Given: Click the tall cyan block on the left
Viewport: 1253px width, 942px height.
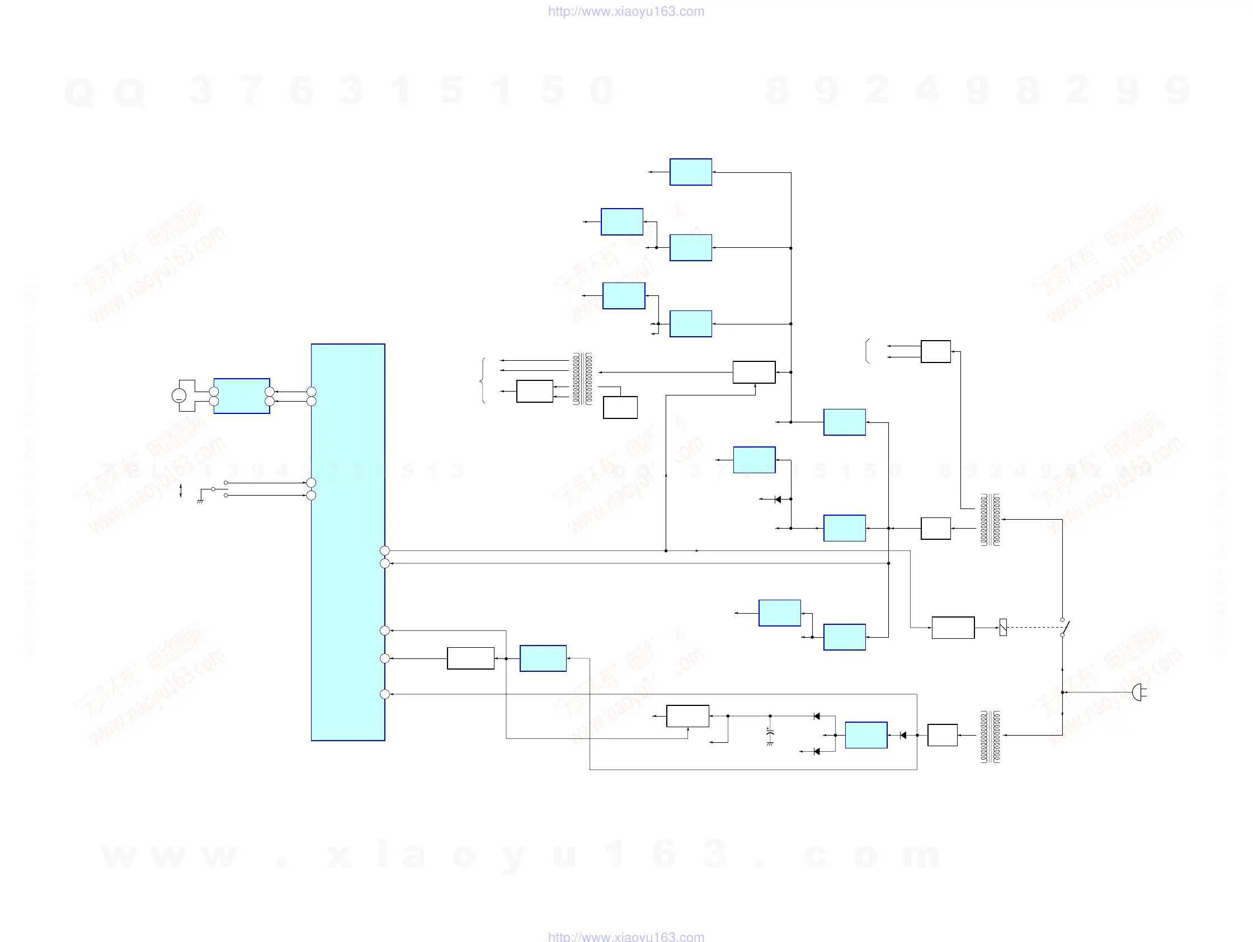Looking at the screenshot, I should click(x=348, y=541).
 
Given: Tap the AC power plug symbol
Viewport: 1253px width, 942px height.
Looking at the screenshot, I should click(x=1138, y=692).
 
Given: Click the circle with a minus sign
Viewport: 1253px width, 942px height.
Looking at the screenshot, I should click(x=178, y=396).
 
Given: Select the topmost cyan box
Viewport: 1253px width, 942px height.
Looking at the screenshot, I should click(x=690, y=172).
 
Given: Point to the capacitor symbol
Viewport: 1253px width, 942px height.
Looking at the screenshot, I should click(x=769, y=733).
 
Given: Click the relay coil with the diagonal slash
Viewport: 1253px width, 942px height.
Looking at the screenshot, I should click(x=1002, y=627).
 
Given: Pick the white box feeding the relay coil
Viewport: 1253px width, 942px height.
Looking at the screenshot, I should click(x=953, y=628).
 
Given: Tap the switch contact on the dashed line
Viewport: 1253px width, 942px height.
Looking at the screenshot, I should click(x=1064, y=628).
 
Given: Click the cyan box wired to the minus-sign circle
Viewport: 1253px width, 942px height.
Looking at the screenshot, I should click(x=241, y=396).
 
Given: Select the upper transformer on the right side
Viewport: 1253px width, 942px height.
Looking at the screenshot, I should click(x=990, y=520).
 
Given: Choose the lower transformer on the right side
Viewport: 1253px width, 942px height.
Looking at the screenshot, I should click(x=990, y=736).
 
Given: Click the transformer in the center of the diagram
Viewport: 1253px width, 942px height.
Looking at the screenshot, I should click(x=582, y=378).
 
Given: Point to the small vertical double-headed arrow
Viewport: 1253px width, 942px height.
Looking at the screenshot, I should click(x=181, y=491).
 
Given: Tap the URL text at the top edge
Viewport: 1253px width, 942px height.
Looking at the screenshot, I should click(x=626, y=11).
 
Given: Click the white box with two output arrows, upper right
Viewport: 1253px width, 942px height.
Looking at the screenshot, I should click(x=935, y=351).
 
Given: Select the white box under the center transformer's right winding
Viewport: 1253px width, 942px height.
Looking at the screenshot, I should click(x=620, y=407).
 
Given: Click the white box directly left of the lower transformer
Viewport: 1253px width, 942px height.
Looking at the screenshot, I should click(x=942, y=734).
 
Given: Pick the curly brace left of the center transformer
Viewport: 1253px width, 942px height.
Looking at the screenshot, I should click(x=482, y=380).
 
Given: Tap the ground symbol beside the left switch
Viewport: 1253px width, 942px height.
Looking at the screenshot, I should click(x=200, y=501).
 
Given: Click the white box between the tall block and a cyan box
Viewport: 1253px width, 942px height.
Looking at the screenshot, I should click(x=470, y=658).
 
